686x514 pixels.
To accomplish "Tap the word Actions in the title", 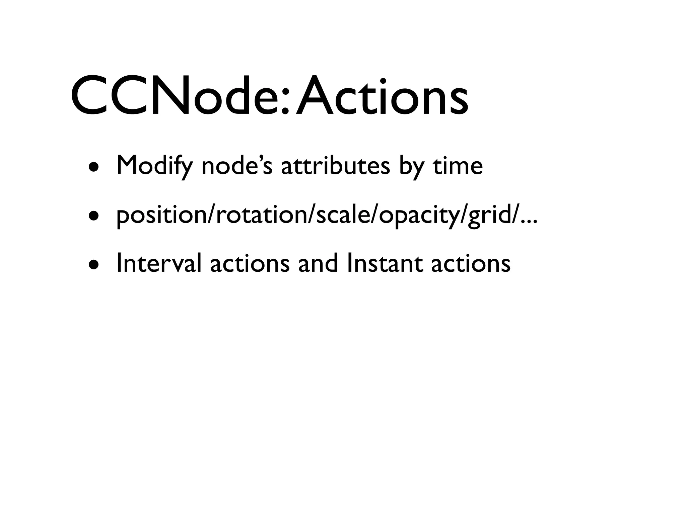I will tap(382, 95).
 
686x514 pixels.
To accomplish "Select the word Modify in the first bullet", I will tap(154, 166).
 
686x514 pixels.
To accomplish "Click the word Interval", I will tap(159, 263).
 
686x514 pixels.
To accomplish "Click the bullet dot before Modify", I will tap(94, 168).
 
